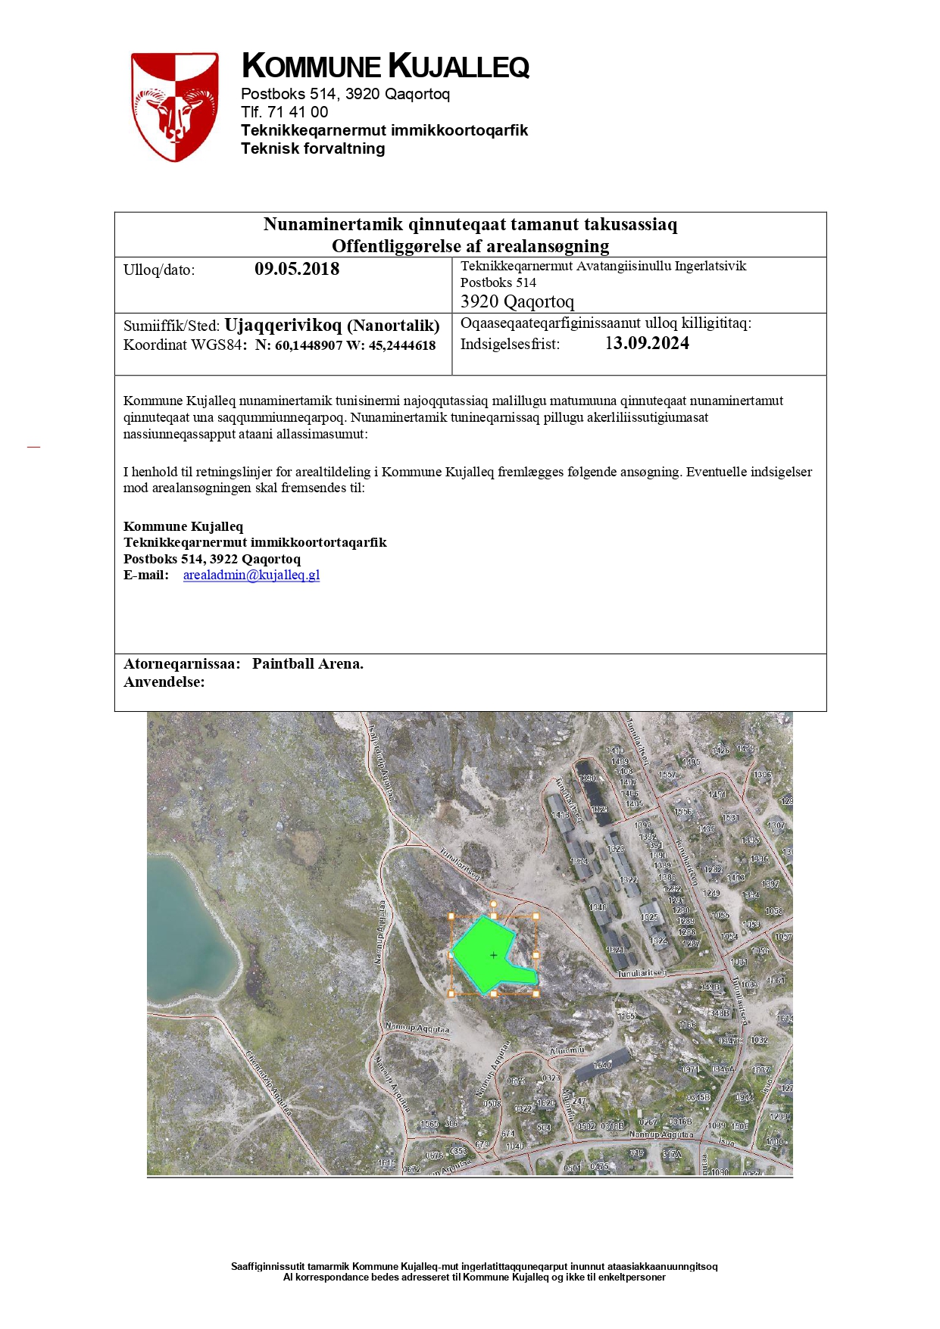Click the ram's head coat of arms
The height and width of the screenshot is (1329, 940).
point(175,107)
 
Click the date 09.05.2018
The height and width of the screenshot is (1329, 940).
point(297,270)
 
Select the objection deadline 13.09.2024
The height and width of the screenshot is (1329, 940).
point(647,344)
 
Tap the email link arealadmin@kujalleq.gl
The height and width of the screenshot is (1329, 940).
point(251,575)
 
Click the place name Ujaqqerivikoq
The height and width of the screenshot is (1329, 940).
point(283,326)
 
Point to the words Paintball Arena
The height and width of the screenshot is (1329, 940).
point(308,664)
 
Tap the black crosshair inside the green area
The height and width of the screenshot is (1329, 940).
point(494,956)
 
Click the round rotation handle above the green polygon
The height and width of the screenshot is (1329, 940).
point(494,903)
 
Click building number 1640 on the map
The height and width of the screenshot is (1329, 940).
point(602,1065)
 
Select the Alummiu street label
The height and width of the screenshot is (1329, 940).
point(567,1051)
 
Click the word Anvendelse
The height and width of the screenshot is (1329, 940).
point(164,682)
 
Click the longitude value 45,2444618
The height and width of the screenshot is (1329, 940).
point(402,346)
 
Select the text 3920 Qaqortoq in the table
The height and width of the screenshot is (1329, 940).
point(517,301)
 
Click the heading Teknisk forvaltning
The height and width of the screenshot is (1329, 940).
point(313,148)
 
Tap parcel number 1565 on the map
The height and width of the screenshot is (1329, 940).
point(429,1124)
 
